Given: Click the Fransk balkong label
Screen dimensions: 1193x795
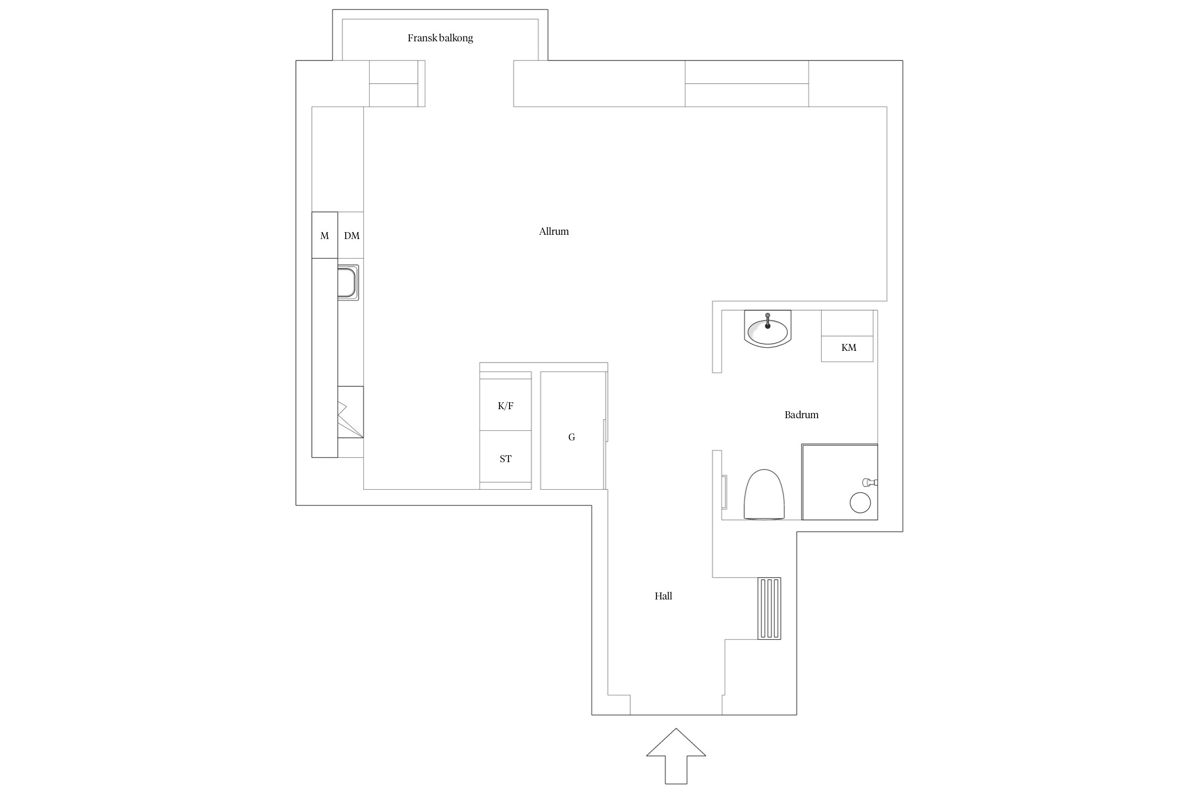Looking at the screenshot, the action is coord(440,38).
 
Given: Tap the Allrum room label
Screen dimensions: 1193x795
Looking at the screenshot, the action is coord(554,232).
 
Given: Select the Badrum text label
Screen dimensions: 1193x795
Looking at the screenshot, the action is coord(801,415).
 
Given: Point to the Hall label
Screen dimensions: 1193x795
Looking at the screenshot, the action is coord(663,596).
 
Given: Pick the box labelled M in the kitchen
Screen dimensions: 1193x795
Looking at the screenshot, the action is coord(324,235).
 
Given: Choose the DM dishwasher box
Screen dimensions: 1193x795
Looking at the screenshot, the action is coord(351,235).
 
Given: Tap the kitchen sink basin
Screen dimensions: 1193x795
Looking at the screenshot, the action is coord(348,282).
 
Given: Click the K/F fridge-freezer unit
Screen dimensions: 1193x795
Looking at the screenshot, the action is coord(505,405).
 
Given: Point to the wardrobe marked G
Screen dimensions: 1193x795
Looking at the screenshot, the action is coord(572,430).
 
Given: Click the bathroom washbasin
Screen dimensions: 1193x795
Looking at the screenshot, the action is coord(767,329).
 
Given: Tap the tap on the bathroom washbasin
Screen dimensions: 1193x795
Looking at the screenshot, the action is coord(767,321).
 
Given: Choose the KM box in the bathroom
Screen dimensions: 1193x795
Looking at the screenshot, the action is coord(847,348).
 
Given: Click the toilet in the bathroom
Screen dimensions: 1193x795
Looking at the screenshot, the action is coord(764,494).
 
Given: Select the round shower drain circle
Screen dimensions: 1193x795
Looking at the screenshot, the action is coord(860,503).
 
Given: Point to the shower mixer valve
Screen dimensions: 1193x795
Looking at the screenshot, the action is coord(870,482).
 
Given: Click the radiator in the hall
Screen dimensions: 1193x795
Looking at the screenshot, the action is coord(769,608).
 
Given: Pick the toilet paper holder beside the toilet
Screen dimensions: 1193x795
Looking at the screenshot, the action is coord(724,492).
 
